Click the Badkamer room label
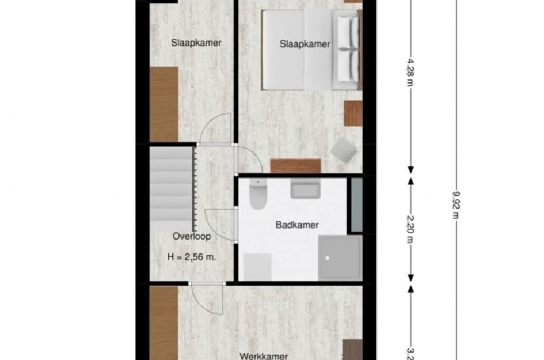click(x=297, y=225)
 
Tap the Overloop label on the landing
click(x=191, y=236)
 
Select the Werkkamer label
click(x=264, y=356)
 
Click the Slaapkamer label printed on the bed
click(x=305, y=44)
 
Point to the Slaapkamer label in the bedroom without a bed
click(x=196, y=43)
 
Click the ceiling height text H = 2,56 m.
click(x=191, y=257)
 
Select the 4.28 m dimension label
click(x=410, y=72)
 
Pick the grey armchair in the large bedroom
click(x=344, y=150)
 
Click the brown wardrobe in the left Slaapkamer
click(x=164, y=104)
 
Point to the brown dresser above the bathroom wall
click(x=296, y=166)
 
